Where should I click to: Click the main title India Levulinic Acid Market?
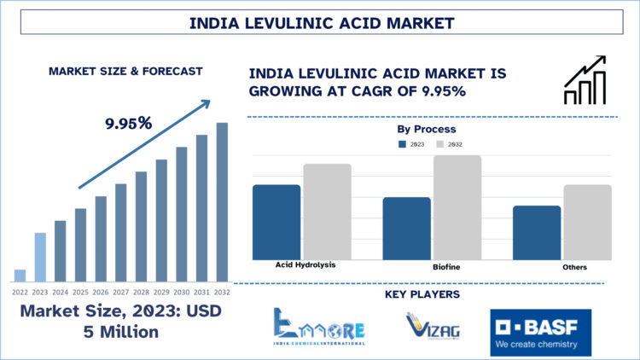[x=320, y=22]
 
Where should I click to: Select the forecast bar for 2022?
[x=20, y=275]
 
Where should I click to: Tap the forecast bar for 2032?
[x=222, y=202]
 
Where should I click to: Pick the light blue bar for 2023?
[x=40, y=257]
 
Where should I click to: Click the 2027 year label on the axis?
[x=121, y=292]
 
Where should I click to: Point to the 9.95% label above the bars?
[x=129, y=123]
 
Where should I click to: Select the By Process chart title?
[x=427, y=129]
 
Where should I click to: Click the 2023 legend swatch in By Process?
[x=403, y=144]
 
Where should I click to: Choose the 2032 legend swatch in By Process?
[x=441, y=144]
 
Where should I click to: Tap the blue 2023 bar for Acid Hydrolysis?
[x=276, y=222]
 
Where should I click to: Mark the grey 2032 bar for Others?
[x=587, y=222]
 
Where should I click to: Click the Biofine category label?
[x=446, y=268]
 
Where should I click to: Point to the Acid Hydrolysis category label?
[x=305, y=264]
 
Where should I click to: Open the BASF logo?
[x=540, y=332]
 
